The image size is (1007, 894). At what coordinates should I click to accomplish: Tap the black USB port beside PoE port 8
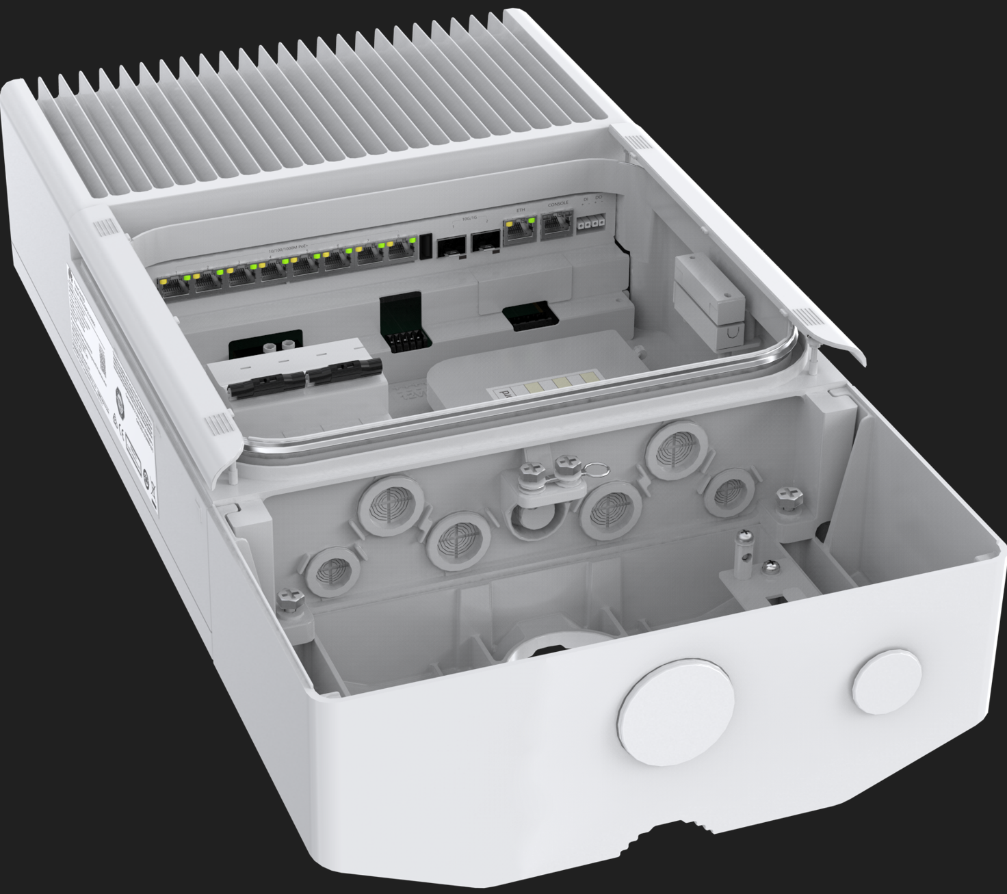pyautogui.click(x=425, y=246)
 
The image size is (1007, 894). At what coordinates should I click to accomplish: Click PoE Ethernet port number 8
pyautogui.click(x=401, y=251)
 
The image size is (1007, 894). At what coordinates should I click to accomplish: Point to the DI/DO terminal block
pyautogui.click(x=590, y=223)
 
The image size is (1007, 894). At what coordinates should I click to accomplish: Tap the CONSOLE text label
pyautogui.click(x=558, y=204)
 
